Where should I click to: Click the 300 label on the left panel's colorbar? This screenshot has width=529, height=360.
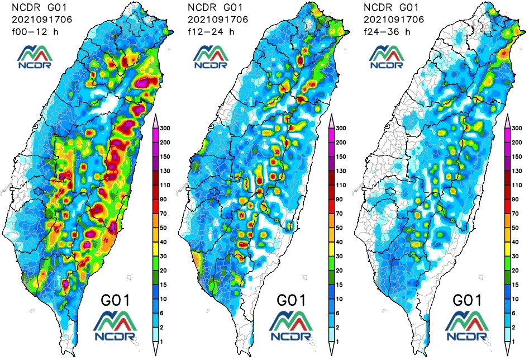(x=166, y=128)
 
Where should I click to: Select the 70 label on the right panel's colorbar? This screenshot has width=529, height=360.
(x=518, y=213)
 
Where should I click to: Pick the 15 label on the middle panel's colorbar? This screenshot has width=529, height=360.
(x=341, y=284)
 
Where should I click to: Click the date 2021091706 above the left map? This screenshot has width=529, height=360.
(x=38, y=20)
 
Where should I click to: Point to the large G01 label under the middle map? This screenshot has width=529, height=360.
(x=291, y=300)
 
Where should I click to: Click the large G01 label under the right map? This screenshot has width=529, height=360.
(x=468, y=300)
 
